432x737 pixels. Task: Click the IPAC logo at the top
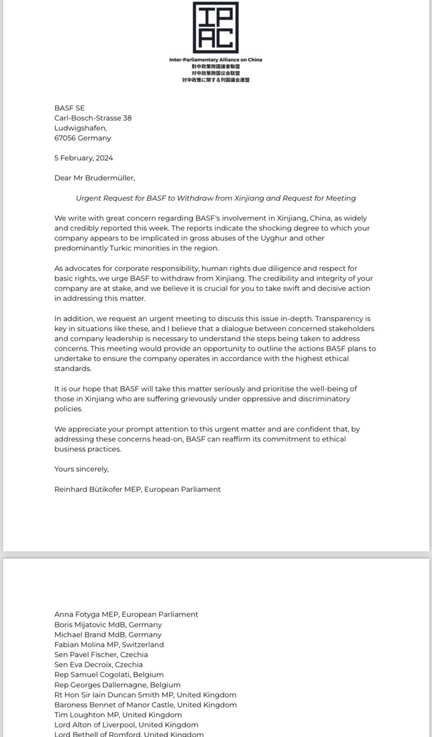coord(216,27)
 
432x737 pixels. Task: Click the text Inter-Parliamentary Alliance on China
coord(216,59)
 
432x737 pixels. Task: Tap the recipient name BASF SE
coord(69,108)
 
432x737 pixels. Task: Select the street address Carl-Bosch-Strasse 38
coord(93,118)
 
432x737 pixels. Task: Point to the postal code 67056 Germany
coord(82,138)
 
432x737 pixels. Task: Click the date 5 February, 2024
coord(84,158)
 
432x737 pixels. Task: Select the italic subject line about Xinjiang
coord(216,198)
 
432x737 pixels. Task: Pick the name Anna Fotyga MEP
coord(126,614)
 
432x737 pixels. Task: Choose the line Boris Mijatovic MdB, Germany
coord(108,624)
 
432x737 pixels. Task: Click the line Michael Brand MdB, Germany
coord(108,634)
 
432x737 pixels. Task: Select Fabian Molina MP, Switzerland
coord(109,644)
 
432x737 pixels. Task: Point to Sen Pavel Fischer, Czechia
coord(101,655)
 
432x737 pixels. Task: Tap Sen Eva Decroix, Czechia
coord(98,665)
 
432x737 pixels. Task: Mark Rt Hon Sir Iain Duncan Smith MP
coord(145,695)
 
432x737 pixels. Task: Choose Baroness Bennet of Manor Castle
coord(145,705)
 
